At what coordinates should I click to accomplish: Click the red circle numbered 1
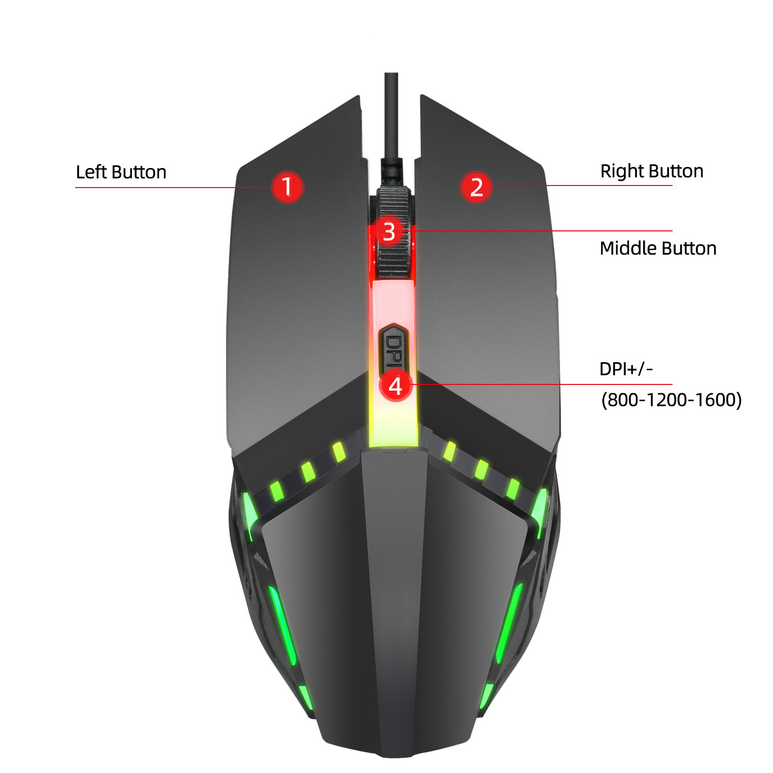tap(287, 187)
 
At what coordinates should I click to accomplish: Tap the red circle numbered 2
tap(477, 187)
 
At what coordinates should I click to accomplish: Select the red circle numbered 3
tap(389, 231)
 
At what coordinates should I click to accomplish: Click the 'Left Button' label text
tap(121, 172)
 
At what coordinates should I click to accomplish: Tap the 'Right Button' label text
tap(652, 171)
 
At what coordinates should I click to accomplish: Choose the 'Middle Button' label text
tap(658, 248)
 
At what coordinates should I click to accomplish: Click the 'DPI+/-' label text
tap(626, 369)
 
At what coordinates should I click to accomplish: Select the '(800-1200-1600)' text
tap(671, 399)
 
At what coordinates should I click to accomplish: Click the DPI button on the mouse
tap(394, 347)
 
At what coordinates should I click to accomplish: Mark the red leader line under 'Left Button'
tap(173, 187)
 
